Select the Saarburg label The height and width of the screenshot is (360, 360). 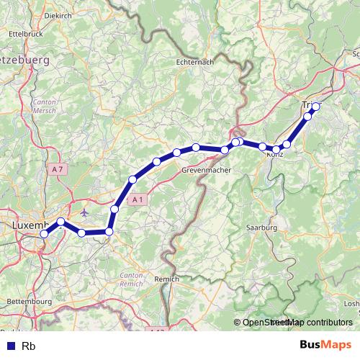261,228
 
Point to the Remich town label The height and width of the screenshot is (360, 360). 168,277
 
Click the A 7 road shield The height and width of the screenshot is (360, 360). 58,168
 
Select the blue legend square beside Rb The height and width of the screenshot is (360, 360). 9,345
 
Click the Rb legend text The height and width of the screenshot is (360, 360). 29,345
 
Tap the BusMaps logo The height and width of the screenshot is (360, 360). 325,344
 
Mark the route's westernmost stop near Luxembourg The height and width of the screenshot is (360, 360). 45,234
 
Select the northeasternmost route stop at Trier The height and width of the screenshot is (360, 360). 315,107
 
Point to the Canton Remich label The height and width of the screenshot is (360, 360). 132,279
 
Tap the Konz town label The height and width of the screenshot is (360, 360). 274,155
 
